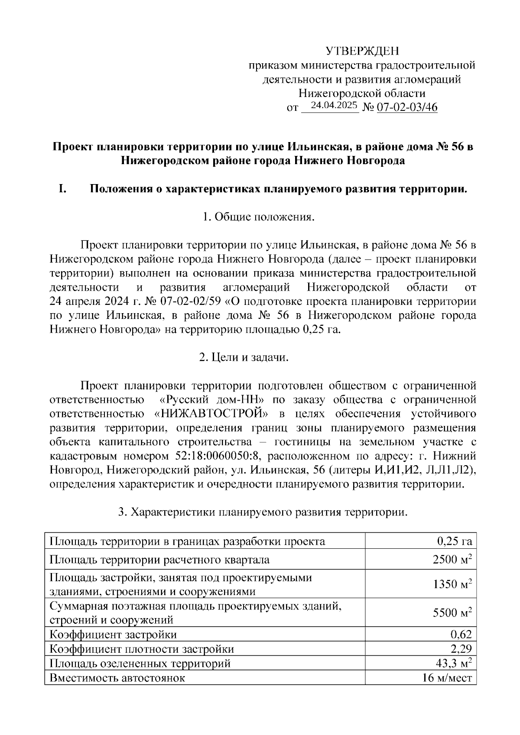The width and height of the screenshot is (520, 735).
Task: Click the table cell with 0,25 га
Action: [454, 541]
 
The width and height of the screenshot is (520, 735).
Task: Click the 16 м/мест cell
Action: [447, 678]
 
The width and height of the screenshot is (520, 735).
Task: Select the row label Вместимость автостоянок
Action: [117, 678]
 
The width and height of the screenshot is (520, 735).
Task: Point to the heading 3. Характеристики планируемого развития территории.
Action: [263, 512]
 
